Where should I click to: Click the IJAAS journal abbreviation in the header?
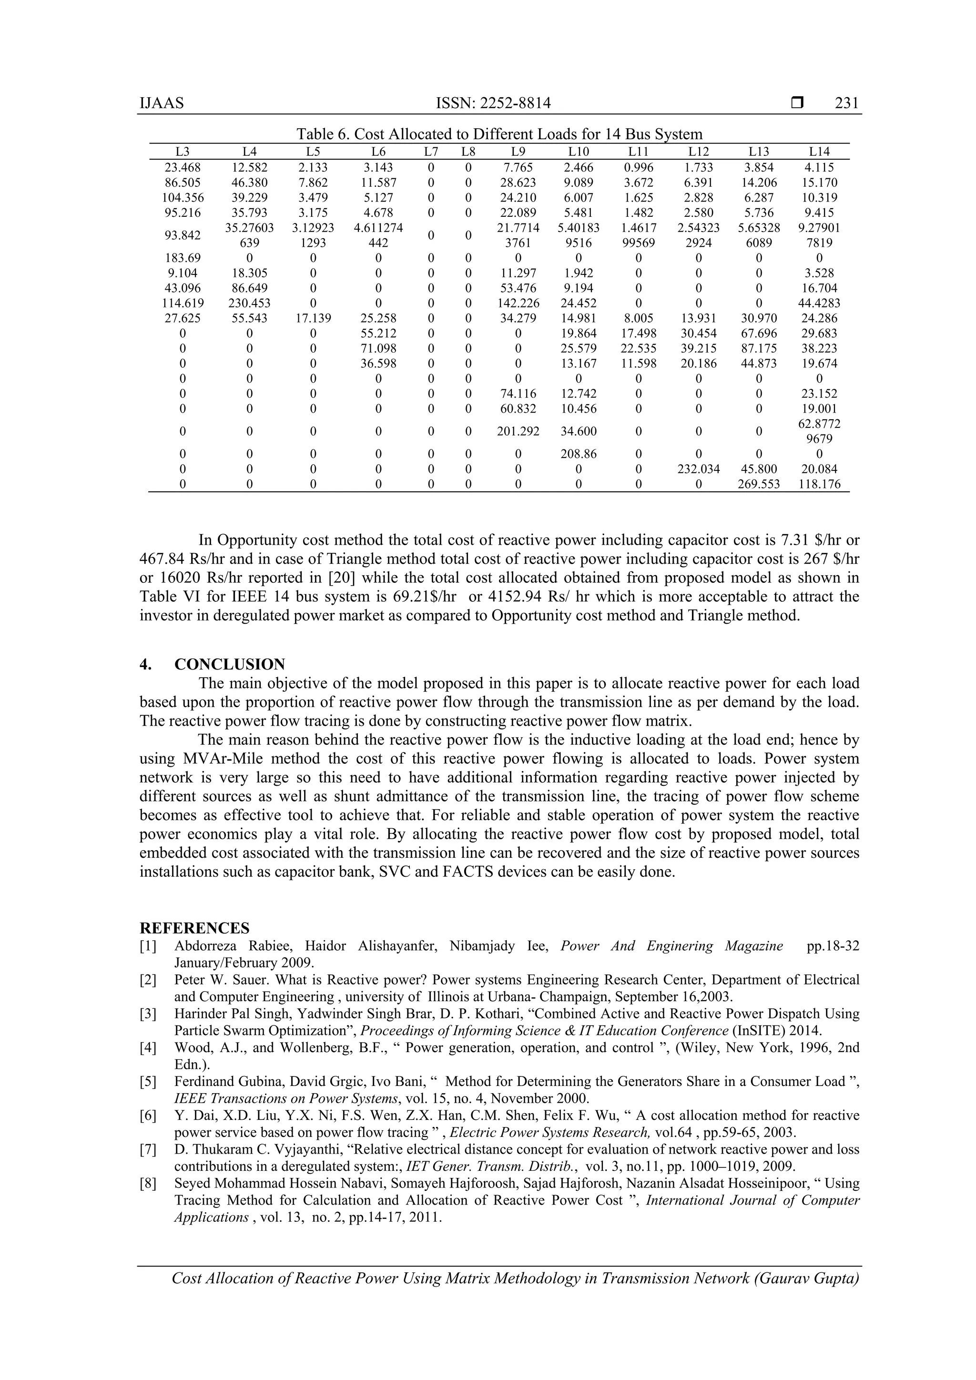pyautogui.click(x=162, y=103)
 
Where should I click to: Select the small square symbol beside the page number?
pyautogui.click(x=797, y=103)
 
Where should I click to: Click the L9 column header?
pyautogui.click(x=518, y=152)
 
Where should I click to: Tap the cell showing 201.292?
pyautogui.click(x=518, y=431)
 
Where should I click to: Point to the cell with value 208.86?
pyautogui.click(x=578, y=454)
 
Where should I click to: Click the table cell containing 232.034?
pyautogui.click(x=698, y=469)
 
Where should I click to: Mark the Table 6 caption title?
pyautogui.click(x=499, y=134)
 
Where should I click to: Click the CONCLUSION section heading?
pyautogui.click(x=230, y=664)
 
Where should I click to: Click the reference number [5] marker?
pyautogui.click(x=148, y=1082)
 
